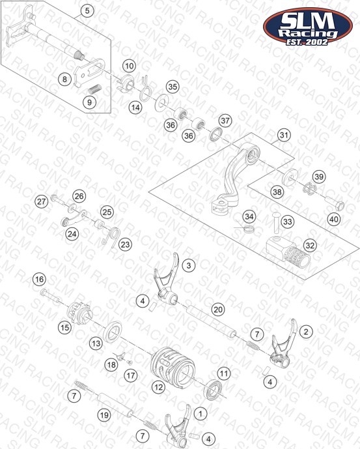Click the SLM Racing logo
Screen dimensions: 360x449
308,26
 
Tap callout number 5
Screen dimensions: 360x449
87,11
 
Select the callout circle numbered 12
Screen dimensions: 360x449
158,388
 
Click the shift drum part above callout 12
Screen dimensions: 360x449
173,366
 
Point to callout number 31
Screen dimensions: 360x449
284,135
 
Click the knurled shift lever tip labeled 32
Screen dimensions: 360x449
288,252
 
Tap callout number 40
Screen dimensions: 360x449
334,220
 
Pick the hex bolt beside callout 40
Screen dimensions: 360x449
335,202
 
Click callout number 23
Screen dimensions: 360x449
125,245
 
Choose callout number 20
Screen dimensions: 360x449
218,310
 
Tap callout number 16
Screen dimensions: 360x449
39,279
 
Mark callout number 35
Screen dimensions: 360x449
173,87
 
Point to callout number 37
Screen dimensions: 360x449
225,121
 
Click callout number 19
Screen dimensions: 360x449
104,415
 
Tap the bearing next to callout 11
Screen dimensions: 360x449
213,389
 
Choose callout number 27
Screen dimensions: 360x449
41,201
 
